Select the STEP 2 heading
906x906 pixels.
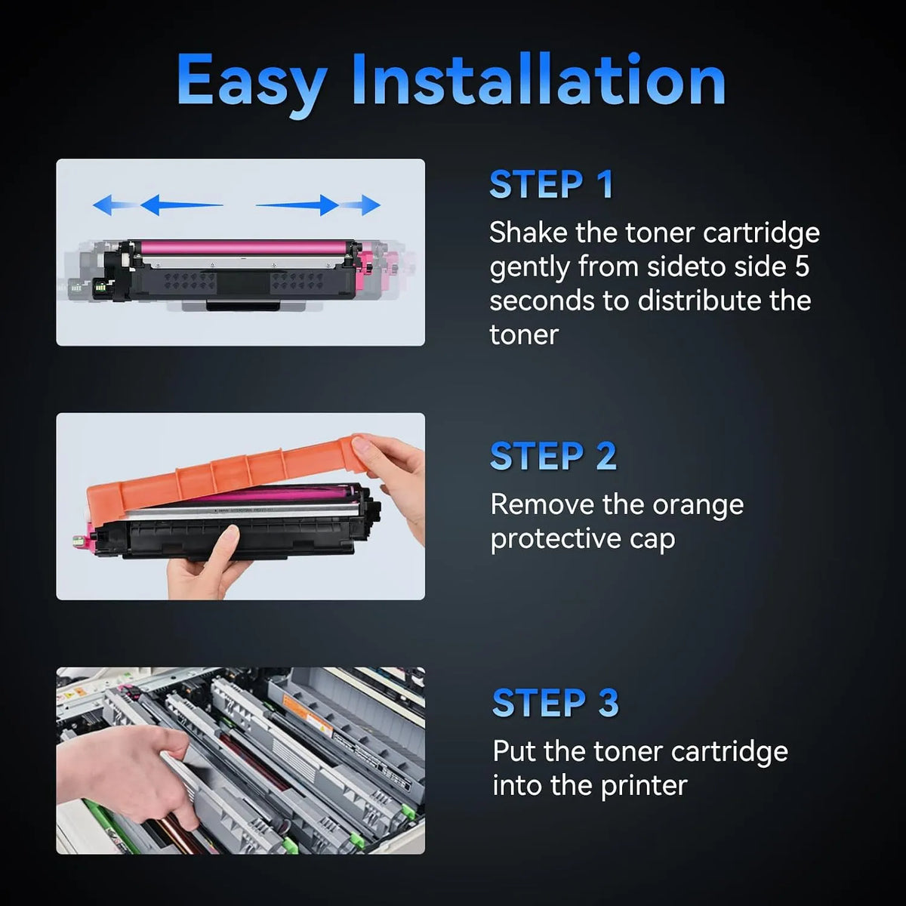point(553,455)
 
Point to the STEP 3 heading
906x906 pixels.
point(555,702)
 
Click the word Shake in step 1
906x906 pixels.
point(528,233)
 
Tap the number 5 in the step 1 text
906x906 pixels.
point(802,266)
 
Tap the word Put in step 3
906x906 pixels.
point(515,750)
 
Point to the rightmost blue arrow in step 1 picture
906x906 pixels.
point(359,205)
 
